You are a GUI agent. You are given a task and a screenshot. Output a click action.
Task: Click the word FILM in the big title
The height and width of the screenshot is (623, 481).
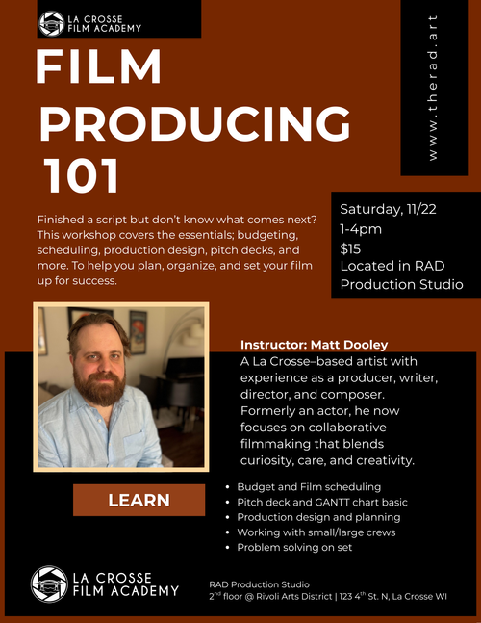click(98, 66)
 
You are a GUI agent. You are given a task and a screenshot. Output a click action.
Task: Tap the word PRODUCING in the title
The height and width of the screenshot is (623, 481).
click(194, 123)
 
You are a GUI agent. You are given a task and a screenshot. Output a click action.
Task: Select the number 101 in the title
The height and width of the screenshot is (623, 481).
click(82, 175)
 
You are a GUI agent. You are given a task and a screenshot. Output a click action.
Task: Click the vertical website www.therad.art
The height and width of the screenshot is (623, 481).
click(433, 88)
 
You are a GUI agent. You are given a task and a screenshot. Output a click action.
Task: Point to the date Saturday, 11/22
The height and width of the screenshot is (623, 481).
click(388, 209)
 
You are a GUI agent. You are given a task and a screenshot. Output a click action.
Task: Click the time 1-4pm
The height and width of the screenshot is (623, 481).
click(361, 229)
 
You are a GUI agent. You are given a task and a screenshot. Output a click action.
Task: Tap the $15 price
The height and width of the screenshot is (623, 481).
click(350, 248)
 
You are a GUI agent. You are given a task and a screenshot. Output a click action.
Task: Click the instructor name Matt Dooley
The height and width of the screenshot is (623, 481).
click(349, 345)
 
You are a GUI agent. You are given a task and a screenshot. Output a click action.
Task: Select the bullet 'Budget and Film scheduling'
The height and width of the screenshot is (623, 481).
click(309, 487)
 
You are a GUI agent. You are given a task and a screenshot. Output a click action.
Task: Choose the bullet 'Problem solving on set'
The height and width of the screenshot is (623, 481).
click(294, 548)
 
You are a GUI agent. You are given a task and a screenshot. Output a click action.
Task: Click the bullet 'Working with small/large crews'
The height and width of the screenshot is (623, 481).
click(316, 532)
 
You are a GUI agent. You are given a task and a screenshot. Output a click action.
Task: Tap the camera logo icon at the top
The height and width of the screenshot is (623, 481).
click(52, 24)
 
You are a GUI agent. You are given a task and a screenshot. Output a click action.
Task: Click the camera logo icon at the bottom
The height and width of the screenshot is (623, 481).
click(50, 584)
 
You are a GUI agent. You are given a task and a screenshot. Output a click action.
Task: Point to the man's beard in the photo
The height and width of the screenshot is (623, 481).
click(100, 388)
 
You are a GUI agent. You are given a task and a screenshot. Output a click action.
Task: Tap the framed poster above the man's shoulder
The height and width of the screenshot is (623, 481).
click(138, 332)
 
